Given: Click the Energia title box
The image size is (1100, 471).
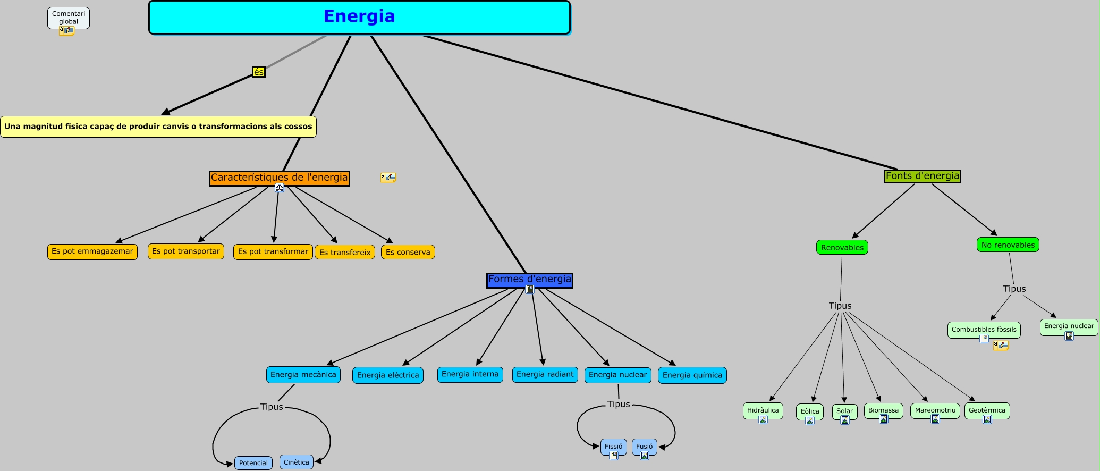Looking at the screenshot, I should coord(359,17).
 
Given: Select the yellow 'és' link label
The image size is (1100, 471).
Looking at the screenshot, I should coord(258,72).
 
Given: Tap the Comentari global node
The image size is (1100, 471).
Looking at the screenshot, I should coord(69,18).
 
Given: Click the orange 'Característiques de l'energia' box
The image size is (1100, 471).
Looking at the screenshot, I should coord(280,178).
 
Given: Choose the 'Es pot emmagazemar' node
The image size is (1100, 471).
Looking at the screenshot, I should coord(92,251).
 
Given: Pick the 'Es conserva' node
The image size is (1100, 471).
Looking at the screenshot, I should coord(408,252).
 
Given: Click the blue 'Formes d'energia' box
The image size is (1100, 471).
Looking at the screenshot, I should coord(530,280).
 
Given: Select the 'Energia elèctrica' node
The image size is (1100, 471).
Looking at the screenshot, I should coord(388,375).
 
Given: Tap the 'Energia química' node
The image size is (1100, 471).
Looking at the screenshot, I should coord(692,375).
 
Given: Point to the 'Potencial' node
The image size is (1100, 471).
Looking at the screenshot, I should coord(253,463).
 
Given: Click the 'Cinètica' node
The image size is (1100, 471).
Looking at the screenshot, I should coord(296,462).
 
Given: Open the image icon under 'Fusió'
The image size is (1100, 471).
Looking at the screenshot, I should coord(645,456).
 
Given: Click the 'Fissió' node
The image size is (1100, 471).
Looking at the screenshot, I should coord(613,447).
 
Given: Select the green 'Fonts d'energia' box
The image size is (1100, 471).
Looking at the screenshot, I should coord(923,176).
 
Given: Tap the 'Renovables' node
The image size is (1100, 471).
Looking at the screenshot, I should coord(842,248).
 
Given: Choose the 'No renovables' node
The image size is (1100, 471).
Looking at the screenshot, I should coord(1008,245).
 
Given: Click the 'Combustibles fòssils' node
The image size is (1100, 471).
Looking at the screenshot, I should coord(984,330).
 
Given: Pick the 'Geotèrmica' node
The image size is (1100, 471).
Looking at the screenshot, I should coord(987,410).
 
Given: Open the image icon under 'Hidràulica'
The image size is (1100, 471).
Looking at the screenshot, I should coord(763,419).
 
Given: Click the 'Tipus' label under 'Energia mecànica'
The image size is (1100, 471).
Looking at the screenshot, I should coord(272,407).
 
